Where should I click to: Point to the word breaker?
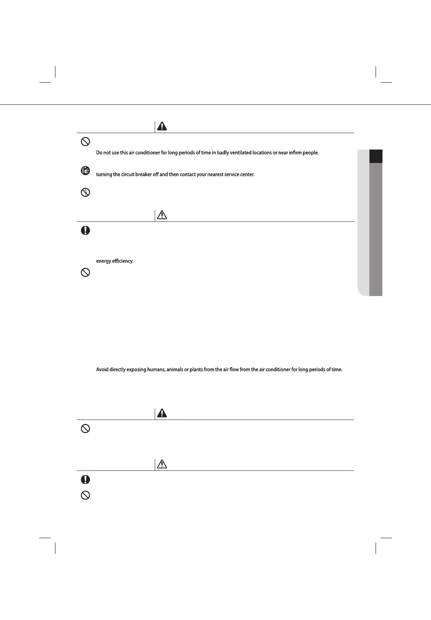click(144, 174)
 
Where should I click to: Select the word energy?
click(104, 261)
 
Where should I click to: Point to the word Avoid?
click(102, 370)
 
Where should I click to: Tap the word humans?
click(156, 370)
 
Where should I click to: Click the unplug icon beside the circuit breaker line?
click(86, 171)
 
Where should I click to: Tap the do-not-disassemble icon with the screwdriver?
click(86, 192)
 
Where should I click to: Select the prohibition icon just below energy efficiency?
click(86, 273)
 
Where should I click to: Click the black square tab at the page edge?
click(376, 156)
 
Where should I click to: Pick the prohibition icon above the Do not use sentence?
click(86, 141)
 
